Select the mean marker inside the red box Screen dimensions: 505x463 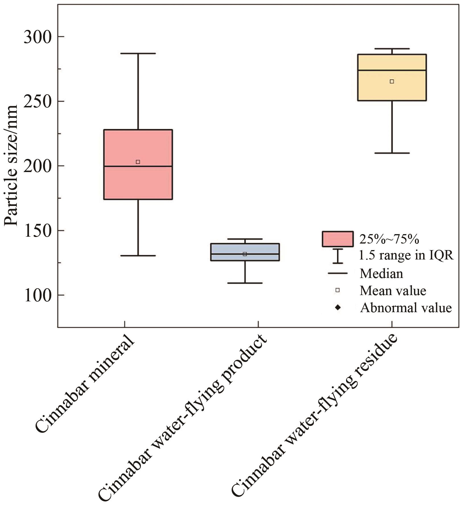pos(138,162)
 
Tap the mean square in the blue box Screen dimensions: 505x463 pos(245,254)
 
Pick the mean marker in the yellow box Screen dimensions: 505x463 pos(392,81)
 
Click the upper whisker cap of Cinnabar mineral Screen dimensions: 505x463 pos(138,53)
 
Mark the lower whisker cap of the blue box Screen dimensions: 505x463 pos(245,283)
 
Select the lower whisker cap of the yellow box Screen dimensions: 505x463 pos(392,153)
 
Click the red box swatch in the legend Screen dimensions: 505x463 pos(338,239)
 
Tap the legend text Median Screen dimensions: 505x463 pos(381,273)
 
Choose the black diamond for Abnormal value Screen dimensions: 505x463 pos(338,307)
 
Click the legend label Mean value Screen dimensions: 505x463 pos(393,291)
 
